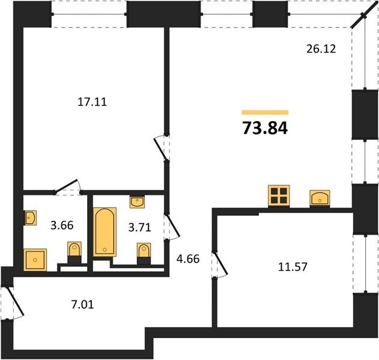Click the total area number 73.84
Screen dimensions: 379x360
(x=265, y=128)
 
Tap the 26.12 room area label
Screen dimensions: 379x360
(x=321, y=49)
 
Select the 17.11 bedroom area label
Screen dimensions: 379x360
(x=92, y=102)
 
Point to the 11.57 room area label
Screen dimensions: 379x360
(x=293, y=267)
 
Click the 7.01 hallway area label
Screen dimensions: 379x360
(x=82, y=304)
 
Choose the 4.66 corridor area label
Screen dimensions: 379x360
(x=188, y=259)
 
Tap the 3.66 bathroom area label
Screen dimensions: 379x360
(x=62, y=225)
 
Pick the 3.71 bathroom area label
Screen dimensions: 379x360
(x=140, y=227)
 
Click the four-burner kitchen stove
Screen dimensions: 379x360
(x=279, y=196)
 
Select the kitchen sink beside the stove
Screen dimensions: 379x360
(x=320, y=198)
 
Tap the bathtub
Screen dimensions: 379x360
(x=105, y=232)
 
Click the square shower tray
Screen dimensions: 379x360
(x=35, y=260)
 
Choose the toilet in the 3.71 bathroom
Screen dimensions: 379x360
(x=144, y=254)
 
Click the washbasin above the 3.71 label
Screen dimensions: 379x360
(x=137, y=202)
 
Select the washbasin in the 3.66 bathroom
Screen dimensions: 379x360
(x=31, y=218)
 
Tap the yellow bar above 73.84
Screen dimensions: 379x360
(x=265, y=112)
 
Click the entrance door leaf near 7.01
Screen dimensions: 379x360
(x=14, y=301)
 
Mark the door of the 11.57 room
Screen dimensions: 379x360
(x=221, y=263)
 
